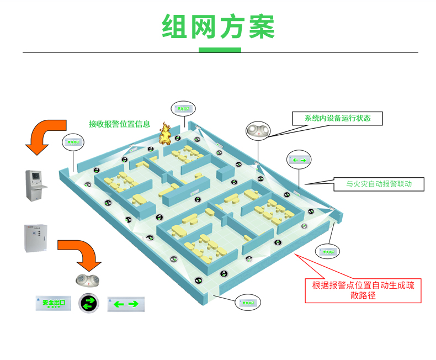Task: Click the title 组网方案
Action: click(218, 26)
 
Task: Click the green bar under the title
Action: click(220, 50)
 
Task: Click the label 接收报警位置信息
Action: click(119, 124)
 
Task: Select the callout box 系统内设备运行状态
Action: click(337, 118)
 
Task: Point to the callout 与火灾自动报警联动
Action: click(379, 184)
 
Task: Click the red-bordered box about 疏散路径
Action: click(363, 290)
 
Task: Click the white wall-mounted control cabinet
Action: click(36, 238)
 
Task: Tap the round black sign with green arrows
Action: click(88, 303)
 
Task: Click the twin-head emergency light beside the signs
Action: click(87, 280)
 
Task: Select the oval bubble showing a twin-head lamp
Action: click(258, 130)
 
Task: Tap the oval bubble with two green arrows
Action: click(299, 160)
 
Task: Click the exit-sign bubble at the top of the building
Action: click(183, 109)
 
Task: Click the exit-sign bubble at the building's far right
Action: click(327, 251)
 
